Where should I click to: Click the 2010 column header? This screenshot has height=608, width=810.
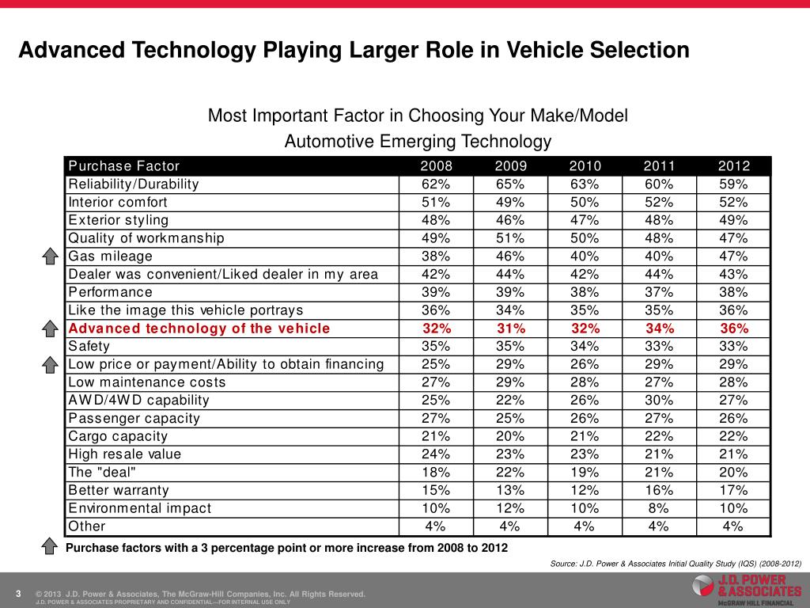coord(585,166)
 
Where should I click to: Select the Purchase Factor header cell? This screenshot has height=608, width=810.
coord(124,166)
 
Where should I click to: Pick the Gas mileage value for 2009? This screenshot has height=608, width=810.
coord(510,256)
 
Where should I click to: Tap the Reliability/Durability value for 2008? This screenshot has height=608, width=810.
coord(436,184)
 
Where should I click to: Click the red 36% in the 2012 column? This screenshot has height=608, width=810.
coord(733,329)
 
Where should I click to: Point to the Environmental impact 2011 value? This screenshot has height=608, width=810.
coord(659,508)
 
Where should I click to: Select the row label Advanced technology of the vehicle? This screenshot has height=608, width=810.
coord(199,329)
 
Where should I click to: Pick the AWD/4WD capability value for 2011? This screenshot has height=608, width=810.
coord(659,400)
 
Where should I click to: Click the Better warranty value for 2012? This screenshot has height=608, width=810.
coord(733,490)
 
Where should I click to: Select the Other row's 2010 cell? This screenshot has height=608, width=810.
coord(585,526)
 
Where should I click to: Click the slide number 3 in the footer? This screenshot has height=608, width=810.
coord(17,594)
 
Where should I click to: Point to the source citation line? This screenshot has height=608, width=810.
coord(676,563)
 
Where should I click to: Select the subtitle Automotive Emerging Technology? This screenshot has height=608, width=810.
coord(417,142)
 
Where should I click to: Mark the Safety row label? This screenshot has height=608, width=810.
coord(89,346)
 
